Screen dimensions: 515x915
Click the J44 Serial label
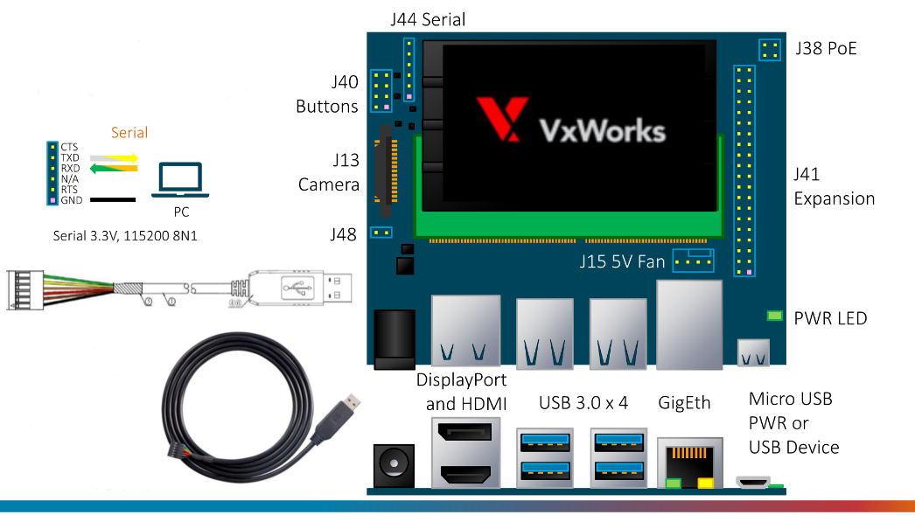[427, 18]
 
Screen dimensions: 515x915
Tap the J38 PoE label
[826, 48]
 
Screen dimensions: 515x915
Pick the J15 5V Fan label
[622, 261]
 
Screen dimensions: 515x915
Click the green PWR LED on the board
[774, 316]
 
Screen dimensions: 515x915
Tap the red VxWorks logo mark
[502, 119]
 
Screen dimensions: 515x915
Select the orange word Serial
[129, 133]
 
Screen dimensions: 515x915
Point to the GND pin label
[72, 200]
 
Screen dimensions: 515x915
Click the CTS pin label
[70, 146]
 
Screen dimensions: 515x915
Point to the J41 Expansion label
[834, 186]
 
